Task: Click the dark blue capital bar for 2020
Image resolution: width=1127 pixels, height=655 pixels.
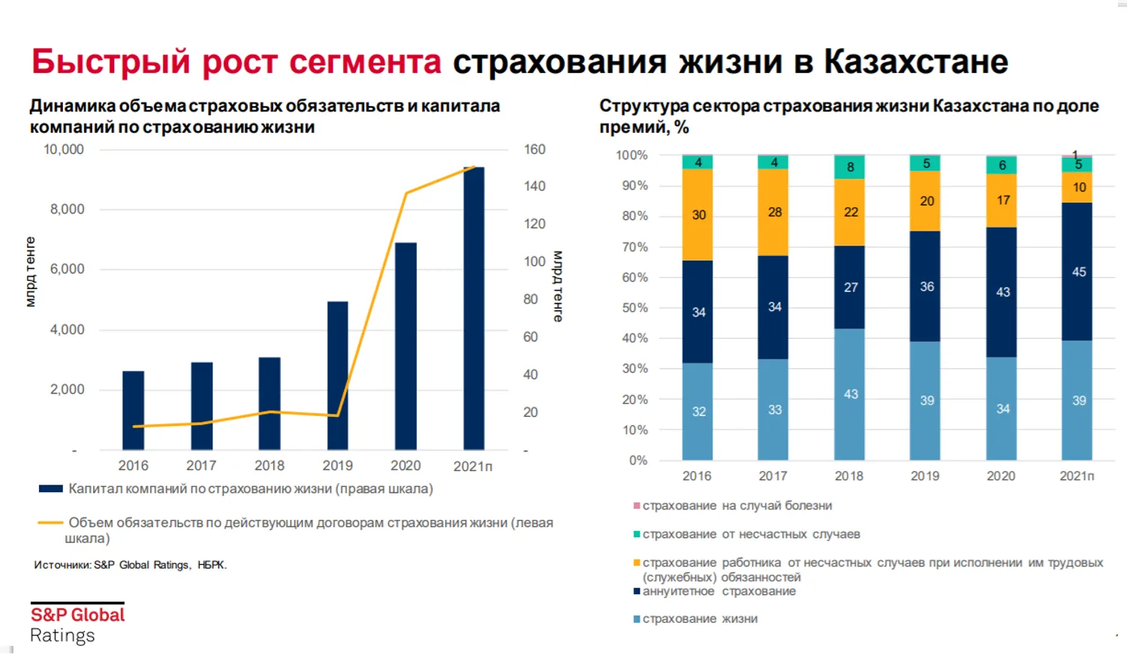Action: coord(405,346)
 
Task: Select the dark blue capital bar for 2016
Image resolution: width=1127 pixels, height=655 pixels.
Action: coord(133,410)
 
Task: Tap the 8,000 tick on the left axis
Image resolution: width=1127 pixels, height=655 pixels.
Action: coord(68,210)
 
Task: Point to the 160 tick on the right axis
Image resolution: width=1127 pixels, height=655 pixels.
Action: coord(534,149)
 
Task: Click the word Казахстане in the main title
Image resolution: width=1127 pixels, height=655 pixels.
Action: coord(915,62)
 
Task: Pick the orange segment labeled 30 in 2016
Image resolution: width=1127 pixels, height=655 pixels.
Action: coord(698,215)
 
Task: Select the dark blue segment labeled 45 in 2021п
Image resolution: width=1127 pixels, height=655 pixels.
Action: coord(1077,271)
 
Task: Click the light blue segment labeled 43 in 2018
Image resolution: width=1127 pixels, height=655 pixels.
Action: coord(849,394)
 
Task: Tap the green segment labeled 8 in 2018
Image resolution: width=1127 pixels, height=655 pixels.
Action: coord(849,168)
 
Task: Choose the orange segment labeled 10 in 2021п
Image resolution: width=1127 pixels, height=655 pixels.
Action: coord(1077,188)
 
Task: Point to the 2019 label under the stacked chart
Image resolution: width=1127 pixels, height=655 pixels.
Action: coord(924,476)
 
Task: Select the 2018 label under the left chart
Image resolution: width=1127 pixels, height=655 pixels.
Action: coord(269,466)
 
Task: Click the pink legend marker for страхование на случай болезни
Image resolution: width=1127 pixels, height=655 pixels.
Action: coord(637,506)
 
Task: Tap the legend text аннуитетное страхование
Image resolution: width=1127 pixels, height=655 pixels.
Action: coord(719,591)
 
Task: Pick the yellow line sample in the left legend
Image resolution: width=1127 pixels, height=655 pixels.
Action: coord(50,522)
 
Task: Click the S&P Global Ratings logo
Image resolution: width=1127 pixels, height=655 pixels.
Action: coord(77,623)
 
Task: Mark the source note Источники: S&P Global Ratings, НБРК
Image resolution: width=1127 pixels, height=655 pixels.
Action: coord(130,565)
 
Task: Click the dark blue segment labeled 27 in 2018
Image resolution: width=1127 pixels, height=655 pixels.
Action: coord(849,287)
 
